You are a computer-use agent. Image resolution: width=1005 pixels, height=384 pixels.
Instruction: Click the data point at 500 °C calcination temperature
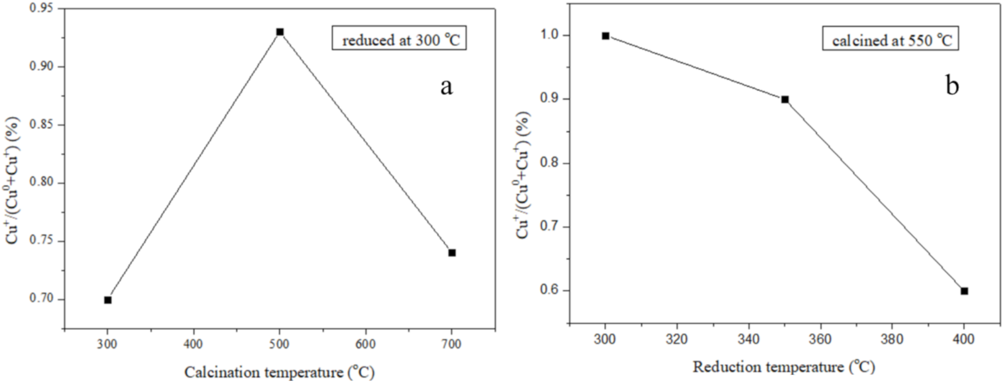[x=280, y=32]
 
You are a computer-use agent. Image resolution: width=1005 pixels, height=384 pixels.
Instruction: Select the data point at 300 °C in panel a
[x=107, y=300]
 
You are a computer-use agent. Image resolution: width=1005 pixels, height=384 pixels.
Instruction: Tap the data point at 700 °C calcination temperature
[x=452, y=253]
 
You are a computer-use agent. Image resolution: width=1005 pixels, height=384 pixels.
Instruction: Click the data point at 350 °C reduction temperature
[x=785, y=100]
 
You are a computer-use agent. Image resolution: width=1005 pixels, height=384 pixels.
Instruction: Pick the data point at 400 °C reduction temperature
[x=964, y=291]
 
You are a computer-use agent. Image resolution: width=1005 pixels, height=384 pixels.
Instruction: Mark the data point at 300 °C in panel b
[x=605, y=36]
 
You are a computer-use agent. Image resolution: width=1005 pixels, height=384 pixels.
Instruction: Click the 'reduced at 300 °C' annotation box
[x=399, y=38]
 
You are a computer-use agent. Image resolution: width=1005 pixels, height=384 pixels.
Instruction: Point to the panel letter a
[x=446, y=87]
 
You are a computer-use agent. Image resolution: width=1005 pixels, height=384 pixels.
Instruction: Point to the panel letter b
[x=952, y=86]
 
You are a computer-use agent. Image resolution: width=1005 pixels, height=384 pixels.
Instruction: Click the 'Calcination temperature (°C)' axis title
[x=279, y=372]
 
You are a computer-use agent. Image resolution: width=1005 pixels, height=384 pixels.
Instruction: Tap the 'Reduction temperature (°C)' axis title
[x=784, y=367]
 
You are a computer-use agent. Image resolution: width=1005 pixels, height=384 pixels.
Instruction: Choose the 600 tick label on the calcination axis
[x=365, y=345]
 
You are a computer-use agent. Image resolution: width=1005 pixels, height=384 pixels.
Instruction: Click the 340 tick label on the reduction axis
[x=749, y=339]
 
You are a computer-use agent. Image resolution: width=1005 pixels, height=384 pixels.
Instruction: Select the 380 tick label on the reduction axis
[x=892, y=339]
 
